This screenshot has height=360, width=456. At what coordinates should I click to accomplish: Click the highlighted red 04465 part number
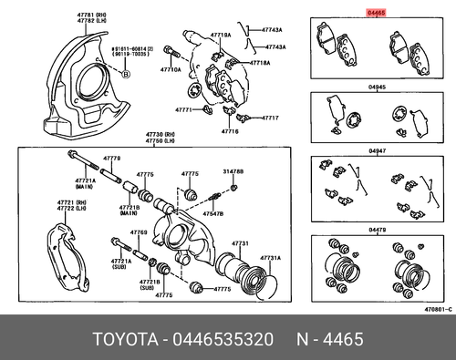[x=376, y=14]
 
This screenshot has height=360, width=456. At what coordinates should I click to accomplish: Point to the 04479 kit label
[x=377, y=231]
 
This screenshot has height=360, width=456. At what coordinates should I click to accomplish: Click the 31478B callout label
[x=233, y=171]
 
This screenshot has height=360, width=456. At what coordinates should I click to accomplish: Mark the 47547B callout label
[x=212, y=212]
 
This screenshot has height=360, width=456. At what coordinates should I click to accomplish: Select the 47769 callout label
[x=138, y=233]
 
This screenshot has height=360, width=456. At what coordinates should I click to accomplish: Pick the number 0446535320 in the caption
[x=227, y=340]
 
